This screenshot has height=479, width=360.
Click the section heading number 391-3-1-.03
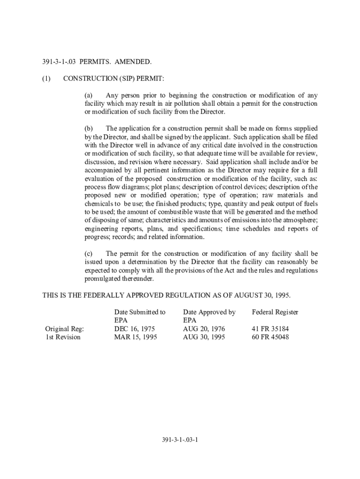(x=59, y=62)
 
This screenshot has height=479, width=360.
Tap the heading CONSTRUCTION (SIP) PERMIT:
(x=114, y=79)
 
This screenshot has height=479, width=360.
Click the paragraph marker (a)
(x=88, y=95)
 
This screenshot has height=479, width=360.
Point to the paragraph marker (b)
(x=89, y=128)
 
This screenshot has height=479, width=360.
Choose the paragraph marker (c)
(x=88, y=254)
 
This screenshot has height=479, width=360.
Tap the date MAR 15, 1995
(x=136, y=337)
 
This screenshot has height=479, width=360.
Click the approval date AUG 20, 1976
(x=204, y=329)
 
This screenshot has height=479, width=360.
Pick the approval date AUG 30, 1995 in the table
(x=204, y=337)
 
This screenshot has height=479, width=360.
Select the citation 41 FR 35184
(x=270, y=329)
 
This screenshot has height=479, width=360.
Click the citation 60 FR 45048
(x=270, y=337)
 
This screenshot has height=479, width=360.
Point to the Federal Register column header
(x=275, y=312)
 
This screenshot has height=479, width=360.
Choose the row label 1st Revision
(x=63, y=337)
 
